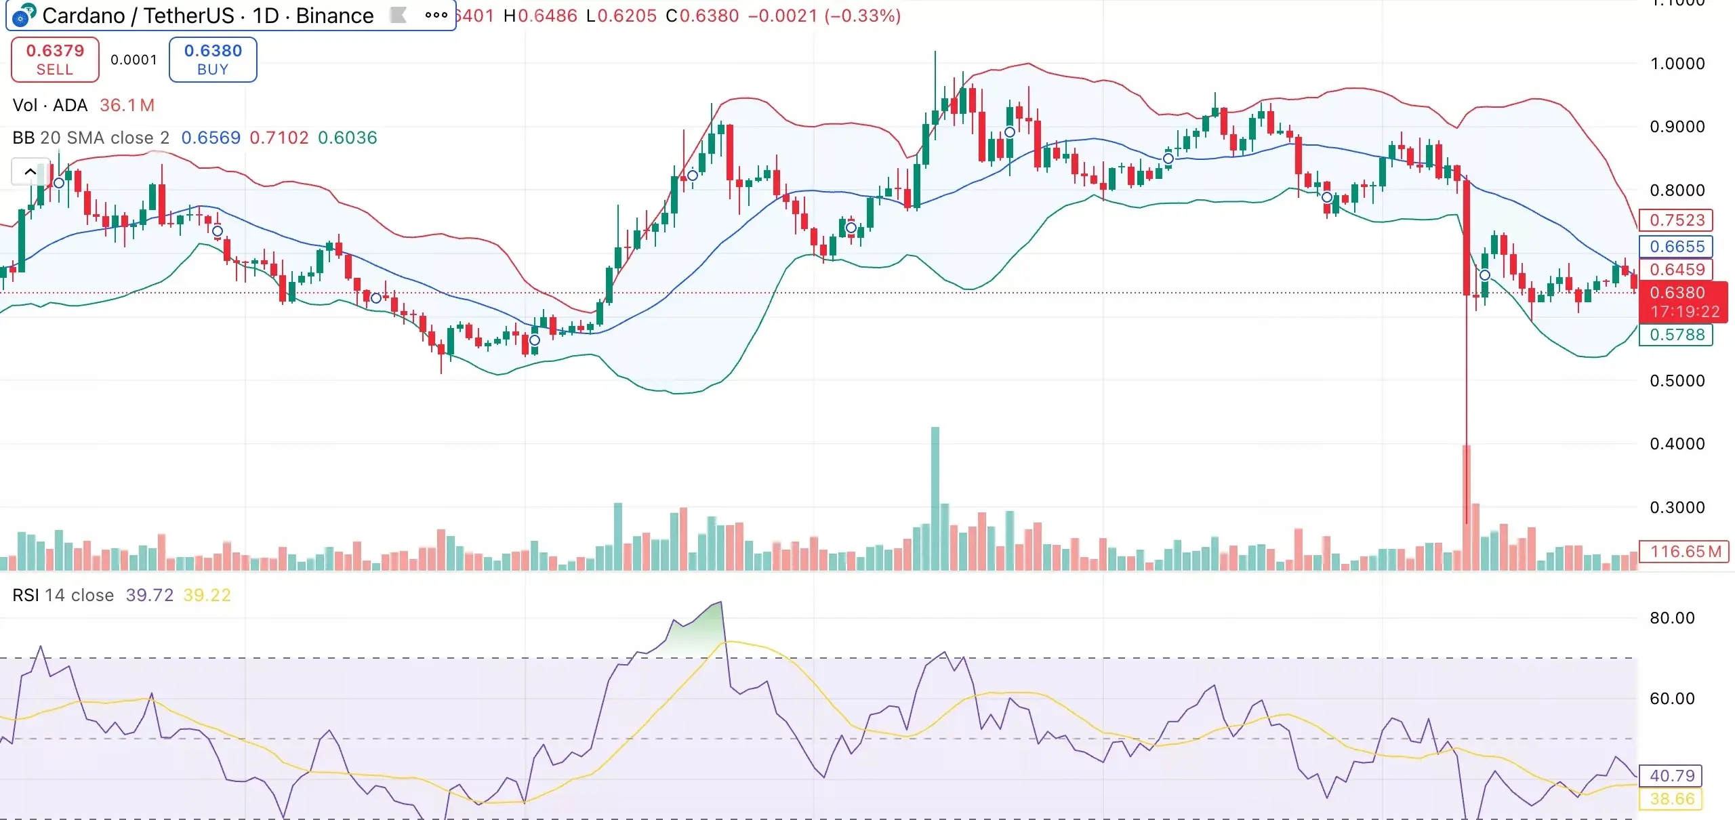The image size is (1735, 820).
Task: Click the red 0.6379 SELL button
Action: click(55, 60)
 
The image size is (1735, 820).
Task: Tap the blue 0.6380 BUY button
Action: click(213, 60)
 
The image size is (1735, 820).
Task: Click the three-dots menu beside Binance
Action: click(436, 15)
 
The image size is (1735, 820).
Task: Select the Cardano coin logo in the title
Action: click(24, 15)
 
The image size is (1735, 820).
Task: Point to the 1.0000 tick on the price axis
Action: click(1677, 64)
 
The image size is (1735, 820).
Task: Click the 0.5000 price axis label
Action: click(1677, 381)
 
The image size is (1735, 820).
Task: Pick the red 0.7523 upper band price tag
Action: click(1676, 220)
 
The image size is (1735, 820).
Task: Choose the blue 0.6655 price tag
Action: click(1676, 247)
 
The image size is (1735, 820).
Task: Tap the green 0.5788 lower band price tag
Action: click(1676, 335)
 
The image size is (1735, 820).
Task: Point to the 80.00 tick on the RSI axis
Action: click(1671, 618)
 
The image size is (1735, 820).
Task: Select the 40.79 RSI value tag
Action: click(1671, 776)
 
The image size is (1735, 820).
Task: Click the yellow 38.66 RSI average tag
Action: click(1671, 799)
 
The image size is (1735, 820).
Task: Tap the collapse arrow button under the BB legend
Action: click(30, 171)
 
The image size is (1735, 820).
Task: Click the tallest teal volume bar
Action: click(935, 498)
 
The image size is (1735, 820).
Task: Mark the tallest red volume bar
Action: click(1467, 508)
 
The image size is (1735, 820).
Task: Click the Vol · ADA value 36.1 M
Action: click(127, 106)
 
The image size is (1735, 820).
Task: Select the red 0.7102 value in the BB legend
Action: click(279, 138)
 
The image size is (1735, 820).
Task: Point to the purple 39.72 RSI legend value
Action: click(149, 595)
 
